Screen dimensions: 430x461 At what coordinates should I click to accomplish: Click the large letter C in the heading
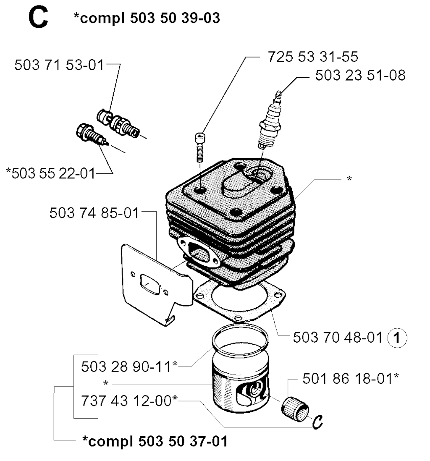coord(38,18)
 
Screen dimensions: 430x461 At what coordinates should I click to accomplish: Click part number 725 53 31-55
coord(313,56)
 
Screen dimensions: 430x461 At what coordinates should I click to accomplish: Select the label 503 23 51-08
coord(360,75)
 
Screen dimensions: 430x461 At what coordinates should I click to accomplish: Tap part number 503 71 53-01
coord(59,65)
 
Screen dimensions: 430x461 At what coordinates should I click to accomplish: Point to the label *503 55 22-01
coord(50,173)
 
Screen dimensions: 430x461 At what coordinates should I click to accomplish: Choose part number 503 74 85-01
coord(94,212)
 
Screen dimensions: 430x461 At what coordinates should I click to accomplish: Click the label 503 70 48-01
coord(338,337)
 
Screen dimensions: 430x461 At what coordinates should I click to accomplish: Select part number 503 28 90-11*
coord(129,367)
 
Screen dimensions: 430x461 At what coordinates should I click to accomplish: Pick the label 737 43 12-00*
coord(129,401)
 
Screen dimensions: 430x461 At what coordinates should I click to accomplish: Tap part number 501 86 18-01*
coord(351,378)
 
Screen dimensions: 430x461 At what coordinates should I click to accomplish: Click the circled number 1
coord(397,338)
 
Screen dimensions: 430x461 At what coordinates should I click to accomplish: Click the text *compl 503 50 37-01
coord(155,441)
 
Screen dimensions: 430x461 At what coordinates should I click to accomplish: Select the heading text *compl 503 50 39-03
coord(147,18)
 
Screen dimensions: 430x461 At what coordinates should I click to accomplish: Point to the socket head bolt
coord(200,148)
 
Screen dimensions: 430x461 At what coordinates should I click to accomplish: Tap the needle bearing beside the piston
coord(295,409)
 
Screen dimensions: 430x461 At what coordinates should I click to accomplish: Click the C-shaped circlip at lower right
coord(317,422)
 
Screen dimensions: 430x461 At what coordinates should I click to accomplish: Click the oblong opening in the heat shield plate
coord(150,283)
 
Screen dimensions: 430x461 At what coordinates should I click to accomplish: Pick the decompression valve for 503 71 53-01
coord(118,123)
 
